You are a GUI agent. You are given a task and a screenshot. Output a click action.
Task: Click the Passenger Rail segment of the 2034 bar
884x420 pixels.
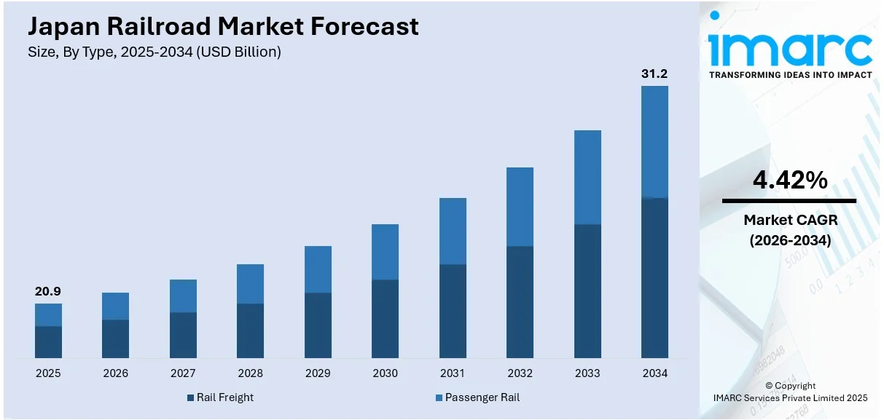click(x=654, y=142)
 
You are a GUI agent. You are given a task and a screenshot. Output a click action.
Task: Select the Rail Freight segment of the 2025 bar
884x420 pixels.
click(x=48, y=342)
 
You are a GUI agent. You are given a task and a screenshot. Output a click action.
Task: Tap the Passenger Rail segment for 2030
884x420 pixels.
click(x=385, y=252)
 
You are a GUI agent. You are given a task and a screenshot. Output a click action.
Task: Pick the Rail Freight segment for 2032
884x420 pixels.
click(x=520, y=302)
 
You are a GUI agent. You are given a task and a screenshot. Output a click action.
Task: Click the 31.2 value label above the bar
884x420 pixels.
click(x=654, y=74)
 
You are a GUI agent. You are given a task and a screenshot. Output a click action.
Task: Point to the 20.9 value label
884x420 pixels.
click(x=48, y=291)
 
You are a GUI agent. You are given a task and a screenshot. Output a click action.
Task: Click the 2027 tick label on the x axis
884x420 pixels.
click(x=183, y=373)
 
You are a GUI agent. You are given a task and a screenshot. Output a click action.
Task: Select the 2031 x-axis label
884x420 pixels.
click(x=453, y=373)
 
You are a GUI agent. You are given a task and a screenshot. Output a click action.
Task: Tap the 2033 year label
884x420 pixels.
click(x=587, y=373)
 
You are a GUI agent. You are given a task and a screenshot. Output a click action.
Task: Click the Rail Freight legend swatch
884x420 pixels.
click(x=191, y=397)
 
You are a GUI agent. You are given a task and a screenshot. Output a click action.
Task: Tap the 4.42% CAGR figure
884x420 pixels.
click(x=789, y=180)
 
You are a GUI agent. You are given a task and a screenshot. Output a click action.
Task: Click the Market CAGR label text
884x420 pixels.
click(x=789, y=219)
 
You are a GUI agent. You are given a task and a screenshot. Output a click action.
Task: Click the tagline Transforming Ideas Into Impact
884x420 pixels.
click(x=790, y=75)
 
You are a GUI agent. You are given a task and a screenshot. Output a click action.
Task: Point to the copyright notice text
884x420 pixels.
click(x=791, y=392)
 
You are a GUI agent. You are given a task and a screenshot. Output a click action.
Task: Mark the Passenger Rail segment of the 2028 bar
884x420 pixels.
click(x=250, y=284)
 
